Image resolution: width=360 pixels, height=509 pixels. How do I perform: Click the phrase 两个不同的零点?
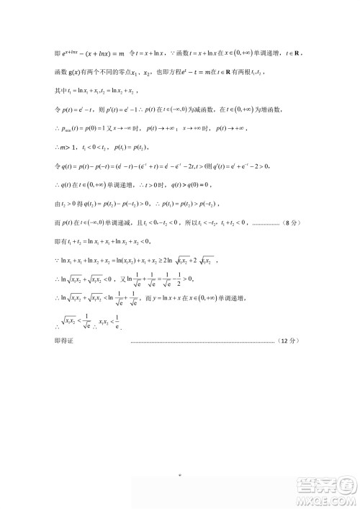(114, 73)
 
